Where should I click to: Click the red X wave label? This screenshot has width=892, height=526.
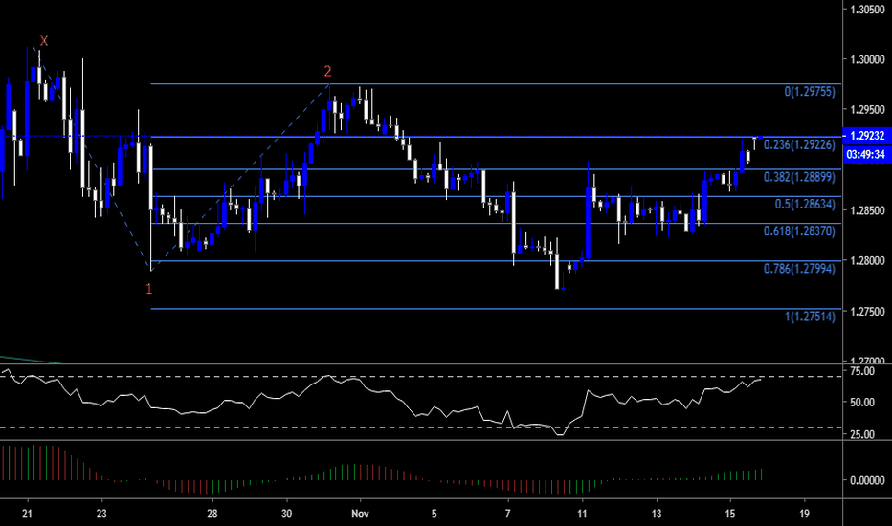pyautogui.click(x=44, y=40)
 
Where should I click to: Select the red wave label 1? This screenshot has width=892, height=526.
pyautogui.click(x=149, y=289)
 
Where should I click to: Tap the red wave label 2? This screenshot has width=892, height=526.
pyautogui.click(x=328, y=71)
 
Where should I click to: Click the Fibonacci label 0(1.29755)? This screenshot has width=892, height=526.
pyautogui.click(x=811, y=92)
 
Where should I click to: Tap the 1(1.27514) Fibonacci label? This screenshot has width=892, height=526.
pyautogui.click(x=809, y=317)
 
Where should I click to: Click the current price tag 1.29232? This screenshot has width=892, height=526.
pyautogui.click(x=866, y=136)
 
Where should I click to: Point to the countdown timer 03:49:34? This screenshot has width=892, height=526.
pyautogui.click(x=866, y=152)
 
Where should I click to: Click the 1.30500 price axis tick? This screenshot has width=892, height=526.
pyautogui.click(x=866, y=10)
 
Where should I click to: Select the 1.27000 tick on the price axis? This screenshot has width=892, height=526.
pyautogui.click(x=866, y=362)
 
